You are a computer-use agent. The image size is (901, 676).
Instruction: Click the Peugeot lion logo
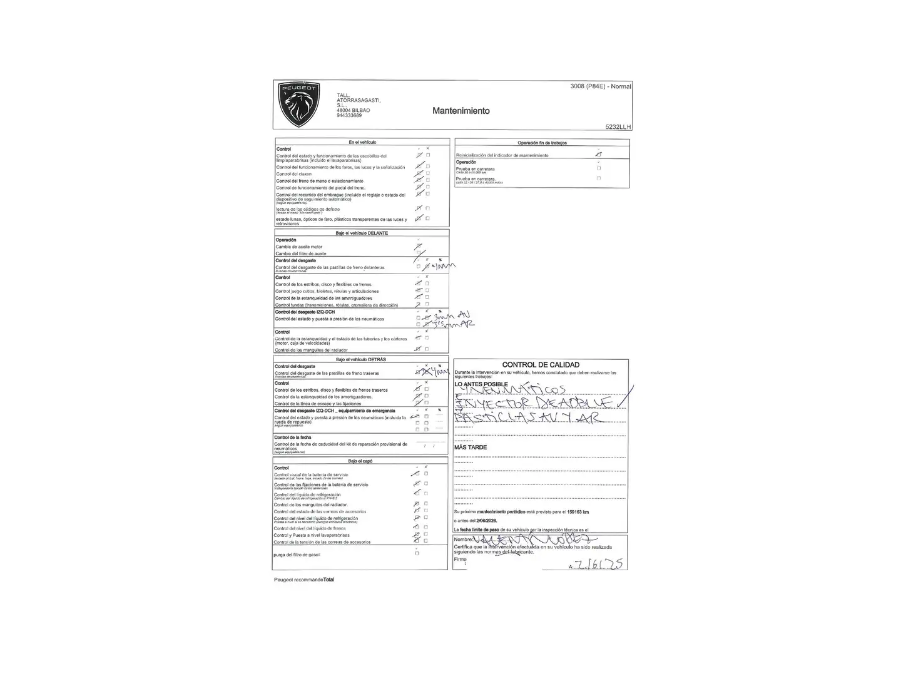(299, 104)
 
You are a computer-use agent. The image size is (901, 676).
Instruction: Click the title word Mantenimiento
(461, 111)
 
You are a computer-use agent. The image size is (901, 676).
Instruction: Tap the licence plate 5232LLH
(618, 126)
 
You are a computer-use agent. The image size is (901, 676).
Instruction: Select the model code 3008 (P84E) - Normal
(600, 86)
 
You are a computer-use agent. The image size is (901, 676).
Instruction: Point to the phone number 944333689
(349, 115)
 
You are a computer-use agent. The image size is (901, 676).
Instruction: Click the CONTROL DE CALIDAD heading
(541, 365)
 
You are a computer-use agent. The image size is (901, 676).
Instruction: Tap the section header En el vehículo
(362, 142)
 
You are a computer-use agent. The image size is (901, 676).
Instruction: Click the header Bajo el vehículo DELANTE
(362, 233)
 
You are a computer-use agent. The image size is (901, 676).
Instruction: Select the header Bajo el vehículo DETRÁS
(361, 360)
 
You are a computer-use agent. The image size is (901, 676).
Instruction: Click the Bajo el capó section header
(360, 461)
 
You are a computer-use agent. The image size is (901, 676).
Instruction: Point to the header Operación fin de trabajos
(542, 143)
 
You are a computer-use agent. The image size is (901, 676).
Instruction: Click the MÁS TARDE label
(471, 448)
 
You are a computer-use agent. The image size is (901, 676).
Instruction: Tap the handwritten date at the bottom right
(599, 564)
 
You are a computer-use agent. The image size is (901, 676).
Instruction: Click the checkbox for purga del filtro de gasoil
(417, 553)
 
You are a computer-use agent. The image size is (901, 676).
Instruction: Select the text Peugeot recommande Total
(304, 580)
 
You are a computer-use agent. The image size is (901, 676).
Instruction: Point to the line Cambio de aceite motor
(299, 247)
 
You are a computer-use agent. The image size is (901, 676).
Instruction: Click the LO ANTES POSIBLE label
(481, 384)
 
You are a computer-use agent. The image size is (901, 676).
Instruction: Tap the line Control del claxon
(294, 174)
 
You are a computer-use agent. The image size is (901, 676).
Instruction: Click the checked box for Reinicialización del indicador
(599, 154)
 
